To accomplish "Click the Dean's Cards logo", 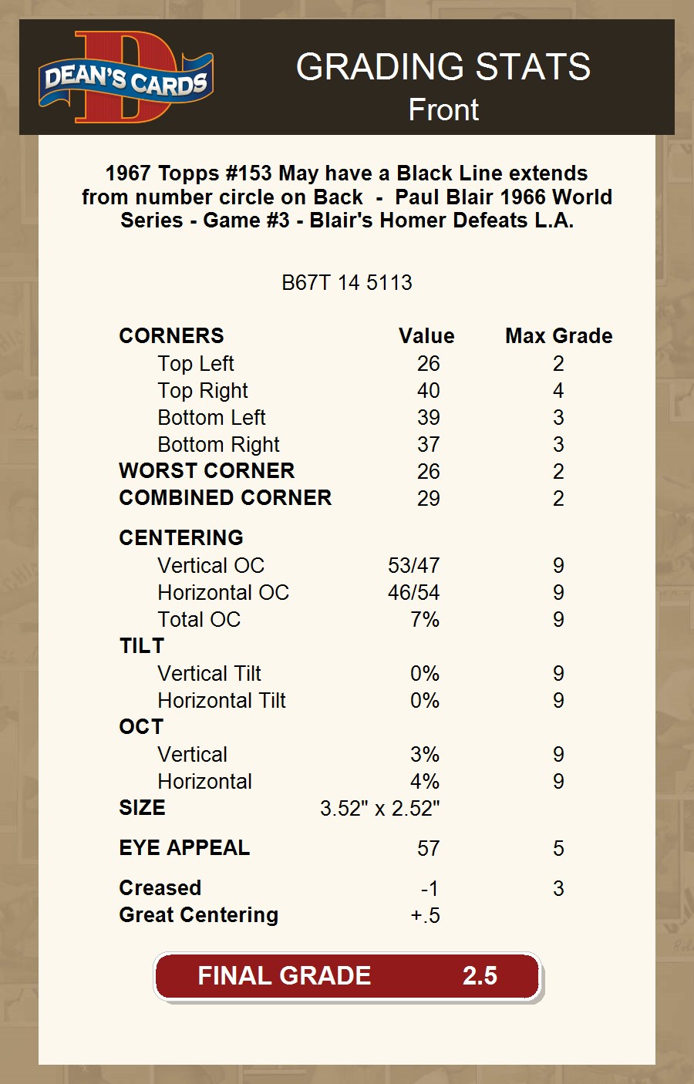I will click(126, 78).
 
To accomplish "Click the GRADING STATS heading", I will click(443, 68).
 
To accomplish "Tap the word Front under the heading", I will click(443, 110).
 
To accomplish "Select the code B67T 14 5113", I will click(347, 283).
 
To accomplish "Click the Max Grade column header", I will click(558, 336).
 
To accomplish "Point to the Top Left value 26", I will click(428, 364).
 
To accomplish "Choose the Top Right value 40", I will click(428, 391).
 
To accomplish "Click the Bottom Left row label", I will click(211, 418).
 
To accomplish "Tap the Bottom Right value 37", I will click(428, 445).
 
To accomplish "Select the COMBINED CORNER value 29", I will click(428, 499).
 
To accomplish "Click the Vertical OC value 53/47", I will click(413, 566).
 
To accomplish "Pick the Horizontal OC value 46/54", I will click(413, 593).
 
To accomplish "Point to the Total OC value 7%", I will click(424, 620).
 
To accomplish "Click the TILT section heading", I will click(142, 646).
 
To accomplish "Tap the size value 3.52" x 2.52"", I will click(379, 809).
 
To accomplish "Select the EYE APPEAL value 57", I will click(428, 849).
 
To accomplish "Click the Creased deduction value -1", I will click(430, 889).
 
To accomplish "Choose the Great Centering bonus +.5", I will click(425, 916).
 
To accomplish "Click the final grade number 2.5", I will click(480, 976).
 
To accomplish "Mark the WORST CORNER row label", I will click(207, 471).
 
